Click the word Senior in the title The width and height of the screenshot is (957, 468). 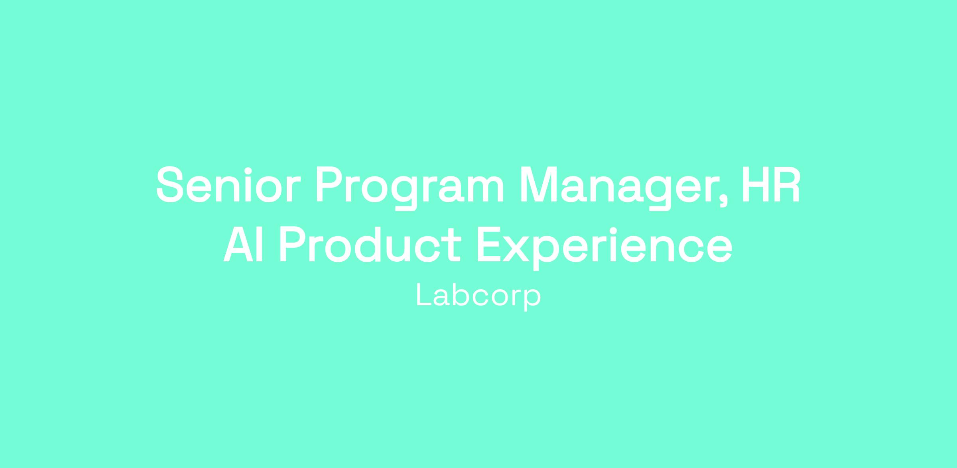228,184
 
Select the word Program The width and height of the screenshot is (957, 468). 410,188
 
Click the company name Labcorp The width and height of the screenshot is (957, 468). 478,296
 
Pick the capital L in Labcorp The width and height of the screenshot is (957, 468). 424,295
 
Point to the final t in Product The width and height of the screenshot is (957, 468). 453,245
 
